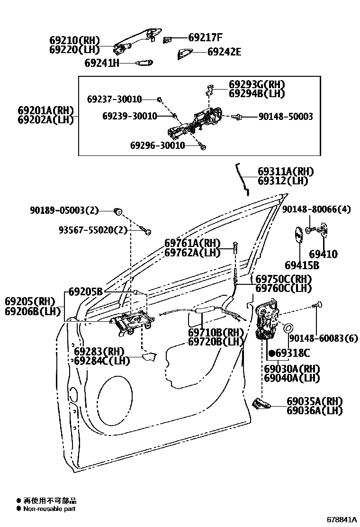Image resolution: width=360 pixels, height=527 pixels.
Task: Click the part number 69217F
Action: coord(205,37)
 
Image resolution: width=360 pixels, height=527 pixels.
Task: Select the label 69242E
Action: coord(224,52)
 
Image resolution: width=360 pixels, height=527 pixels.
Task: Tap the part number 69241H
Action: coord(102,63)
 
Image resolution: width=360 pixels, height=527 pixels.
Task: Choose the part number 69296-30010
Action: coord(157,145)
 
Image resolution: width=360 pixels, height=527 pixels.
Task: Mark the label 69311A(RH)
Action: coord(286,172)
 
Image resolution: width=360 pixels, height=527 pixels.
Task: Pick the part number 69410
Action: coord(324,254)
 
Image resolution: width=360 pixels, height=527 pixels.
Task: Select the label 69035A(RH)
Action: coord(314,401)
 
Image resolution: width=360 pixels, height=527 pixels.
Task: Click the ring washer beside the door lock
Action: coord(288,328)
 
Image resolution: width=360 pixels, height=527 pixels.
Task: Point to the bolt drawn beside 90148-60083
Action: coord(316,306)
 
